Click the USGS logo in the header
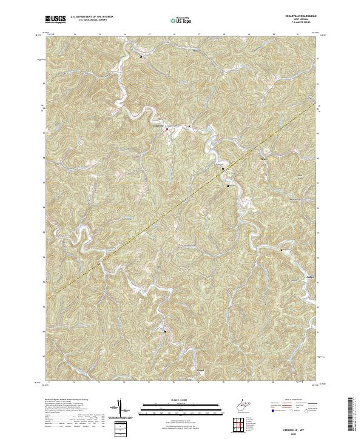click(56, 19)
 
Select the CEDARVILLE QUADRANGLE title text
click(294, 16)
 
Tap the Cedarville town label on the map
click(157, 126)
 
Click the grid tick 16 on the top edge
click(174, 35)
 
